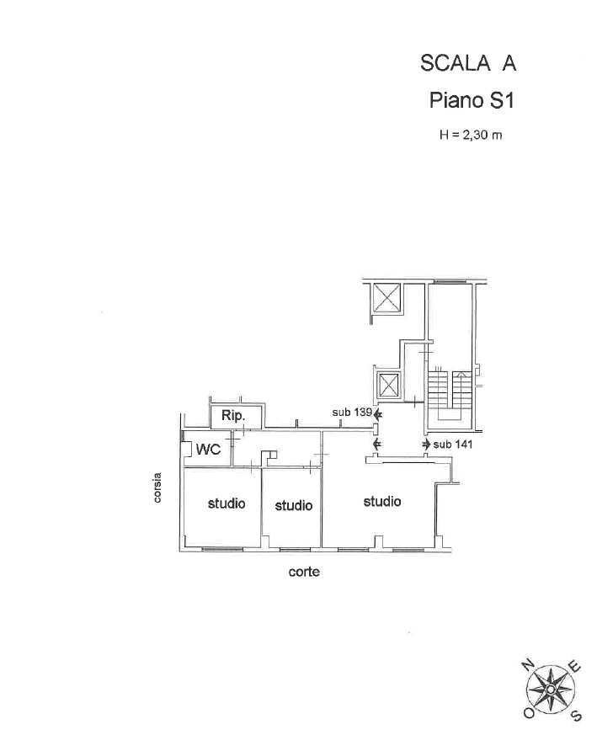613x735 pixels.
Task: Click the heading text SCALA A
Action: [467, 63]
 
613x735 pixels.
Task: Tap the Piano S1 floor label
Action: [472, 100]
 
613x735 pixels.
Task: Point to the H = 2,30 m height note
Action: [471, 135]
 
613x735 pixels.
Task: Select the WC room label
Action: [208, 449]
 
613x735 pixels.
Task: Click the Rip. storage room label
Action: [234, 416]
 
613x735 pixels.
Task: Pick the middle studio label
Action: [293, 505]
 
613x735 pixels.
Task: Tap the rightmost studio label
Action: [382, 502]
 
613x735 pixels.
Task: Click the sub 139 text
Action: [352, 413]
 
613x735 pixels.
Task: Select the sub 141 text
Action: [453, 444]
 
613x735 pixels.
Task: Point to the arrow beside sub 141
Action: [426, 444]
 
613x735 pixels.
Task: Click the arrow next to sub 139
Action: [378, 414]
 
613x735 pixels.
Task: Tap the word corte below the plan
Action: [304, 572]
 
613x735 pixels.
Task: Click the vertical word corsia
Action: [157, 487]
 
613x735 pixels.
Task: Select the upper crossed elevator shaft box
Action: [386, 297]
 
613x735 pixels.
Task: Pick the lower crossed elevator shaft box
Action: [388, 386]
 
